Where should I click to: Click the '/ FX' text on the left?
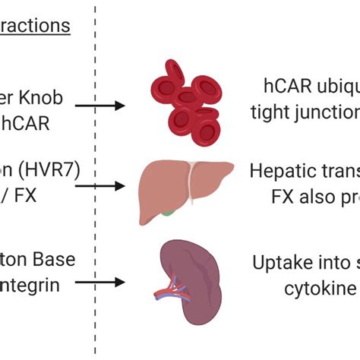click(x=35, y=194)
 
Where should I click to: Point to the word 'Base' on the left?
click(x=55, y=259)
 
